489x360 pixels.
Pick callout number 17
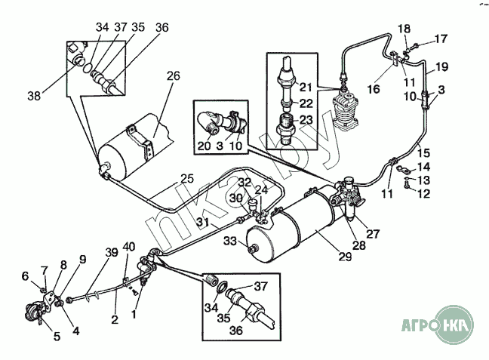(439, 38)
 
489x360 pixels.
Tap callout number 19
(441, 66)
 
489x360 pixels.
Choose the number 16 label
(373, 89)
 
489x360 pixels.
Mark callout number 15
(423, 152)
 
